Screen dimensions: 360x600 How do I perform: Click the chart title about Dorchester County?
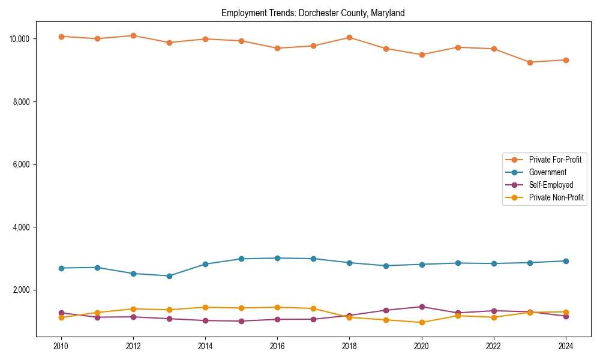click(x=313, y=13)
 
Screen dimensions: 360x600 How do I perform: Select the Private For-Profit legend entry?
click(x=555, y=160)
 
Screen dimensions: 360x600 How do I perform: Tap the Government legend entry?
click(x=547, y=172)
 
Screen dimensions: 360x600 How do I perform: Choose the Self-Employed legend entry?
click(x=551, y=185)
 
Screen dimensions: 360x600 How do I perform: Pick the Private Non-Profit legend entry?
click(x=556, y=197)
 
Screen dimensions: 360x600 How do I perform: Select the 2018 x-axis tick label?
click(x=349, y=346)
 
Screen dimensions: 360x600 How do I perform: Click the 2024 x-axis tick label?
click(x=566, y=346)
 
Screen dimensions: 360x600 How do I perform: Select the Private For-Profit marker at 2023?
click(x=530, y=62)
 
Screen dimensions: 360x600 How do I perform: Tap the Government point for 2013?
click(x=169, y=276)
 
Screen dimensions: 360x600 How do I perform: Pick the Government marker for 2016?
click(x=277, y=258)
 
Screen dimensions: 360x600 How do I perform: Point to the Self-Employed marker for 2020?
click(x=422, y=307)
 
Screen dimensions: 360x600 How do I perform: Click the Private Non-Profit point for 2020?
click(x=422, y=322)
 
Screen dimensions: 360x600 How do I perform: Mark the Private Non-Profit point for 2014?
click(x=205, y=307)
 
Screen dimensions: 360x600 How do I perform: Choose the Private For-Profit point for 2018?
click(x=349, y=37)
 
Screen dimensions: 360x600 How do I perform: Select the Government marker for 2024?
click(x=566, y=261)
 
